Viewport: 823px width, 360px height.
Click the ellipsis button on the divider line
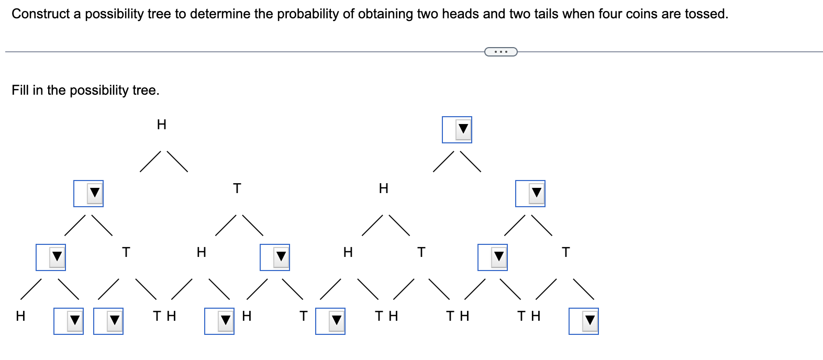(501, 51)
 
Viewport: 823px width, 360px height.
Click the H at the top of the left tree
(162, 125)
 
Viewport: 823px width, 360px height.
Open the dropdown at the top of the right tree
(457, 129)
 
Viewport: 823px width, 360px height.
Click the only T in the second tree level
(237, 188)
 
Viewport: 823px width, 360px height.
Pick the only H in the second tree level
(384, 188)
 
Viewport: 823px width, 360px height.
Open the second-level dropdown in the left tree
(88, 193)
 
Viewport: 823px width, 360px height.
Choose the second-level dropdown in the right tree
(530, 193)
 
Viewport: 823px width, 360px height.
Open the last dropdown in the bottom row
(584, 321)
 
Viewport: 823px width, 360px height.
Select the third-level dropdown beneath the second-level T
(275, 257)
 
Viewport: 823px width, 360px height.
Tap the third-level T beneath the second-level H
(420, 253)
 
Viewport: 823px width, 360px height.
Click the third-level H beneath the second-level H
(347, 253)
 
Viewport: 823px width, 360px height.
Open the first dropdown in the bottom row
(69, 321)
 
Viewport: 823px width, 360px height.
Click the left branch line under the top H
(150, 161)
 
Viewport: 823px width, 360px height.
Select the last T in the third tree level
(565, 253)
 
